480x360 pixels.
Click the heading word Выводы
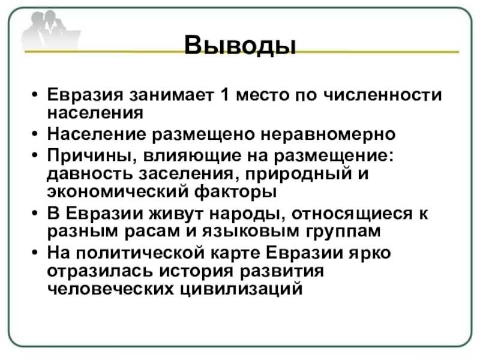[x=241, y=46]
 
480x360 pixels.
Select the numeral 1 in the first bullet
[x=224, y=94]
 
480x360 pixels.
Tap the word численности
[x=383, y=95]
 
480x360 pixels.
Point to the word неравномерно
[x=328, y=134]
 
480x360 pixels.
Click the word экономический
[x=118, y=192]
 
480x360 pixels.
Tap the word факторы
[x=236, y=192]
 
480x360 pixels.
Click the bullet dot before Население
[x=35, y=134]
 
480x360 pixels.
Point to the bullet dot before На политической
[x=35, y=253]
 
